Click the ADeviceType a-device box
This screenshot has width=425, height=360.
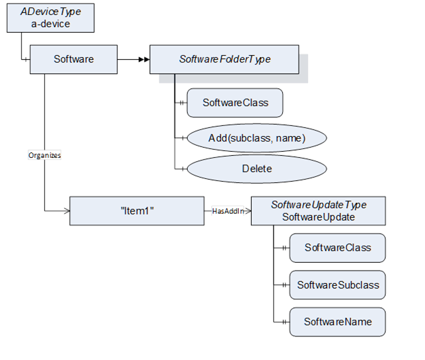(x=50, y=18)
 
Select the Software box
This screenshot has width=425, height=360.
(x=73, y=59)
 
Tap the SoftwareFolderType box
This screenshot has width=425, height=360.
(x=224, y=59)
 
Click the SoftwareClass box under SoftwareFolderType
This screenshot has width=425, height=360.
(x=235, y=103)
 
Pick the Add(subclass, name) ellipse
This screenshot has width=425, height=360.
(x=256, y=138)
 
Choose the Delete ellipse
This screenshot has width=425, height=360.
(x=256, y=169)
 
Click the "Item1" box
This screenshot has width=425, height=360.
(x=137, y=211)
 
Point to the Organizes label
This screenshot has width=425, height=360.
(x=44, y=155)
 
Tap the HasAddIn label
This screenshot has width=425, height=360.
(x=227, y=211)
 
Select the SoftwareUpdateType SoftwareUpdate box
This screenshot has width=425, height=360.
(x=318, y=211)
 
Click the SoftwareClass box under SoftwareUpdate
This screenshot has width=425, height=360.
(x=337, y=248)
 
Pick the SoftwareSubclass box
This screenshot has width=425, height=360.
(x=337, y=284)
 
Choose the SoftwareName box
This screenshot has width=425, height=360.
(x=337, y=321)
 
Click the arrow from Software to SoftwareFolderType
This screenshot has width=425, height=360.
(x=133, y=59)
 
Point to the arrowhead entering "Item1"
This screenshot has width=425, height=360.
(x=66, y=211)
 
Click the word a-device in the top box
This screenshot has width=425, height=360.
(x=50, y=24)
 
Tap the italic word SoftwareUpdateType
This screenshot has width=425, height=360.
(x=318, y=205)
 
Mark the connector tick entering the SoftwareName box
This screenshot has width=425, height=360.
(x=284, y=321)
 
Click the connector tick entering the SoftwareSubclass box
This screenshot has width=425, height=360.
(x=284, y=284)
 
